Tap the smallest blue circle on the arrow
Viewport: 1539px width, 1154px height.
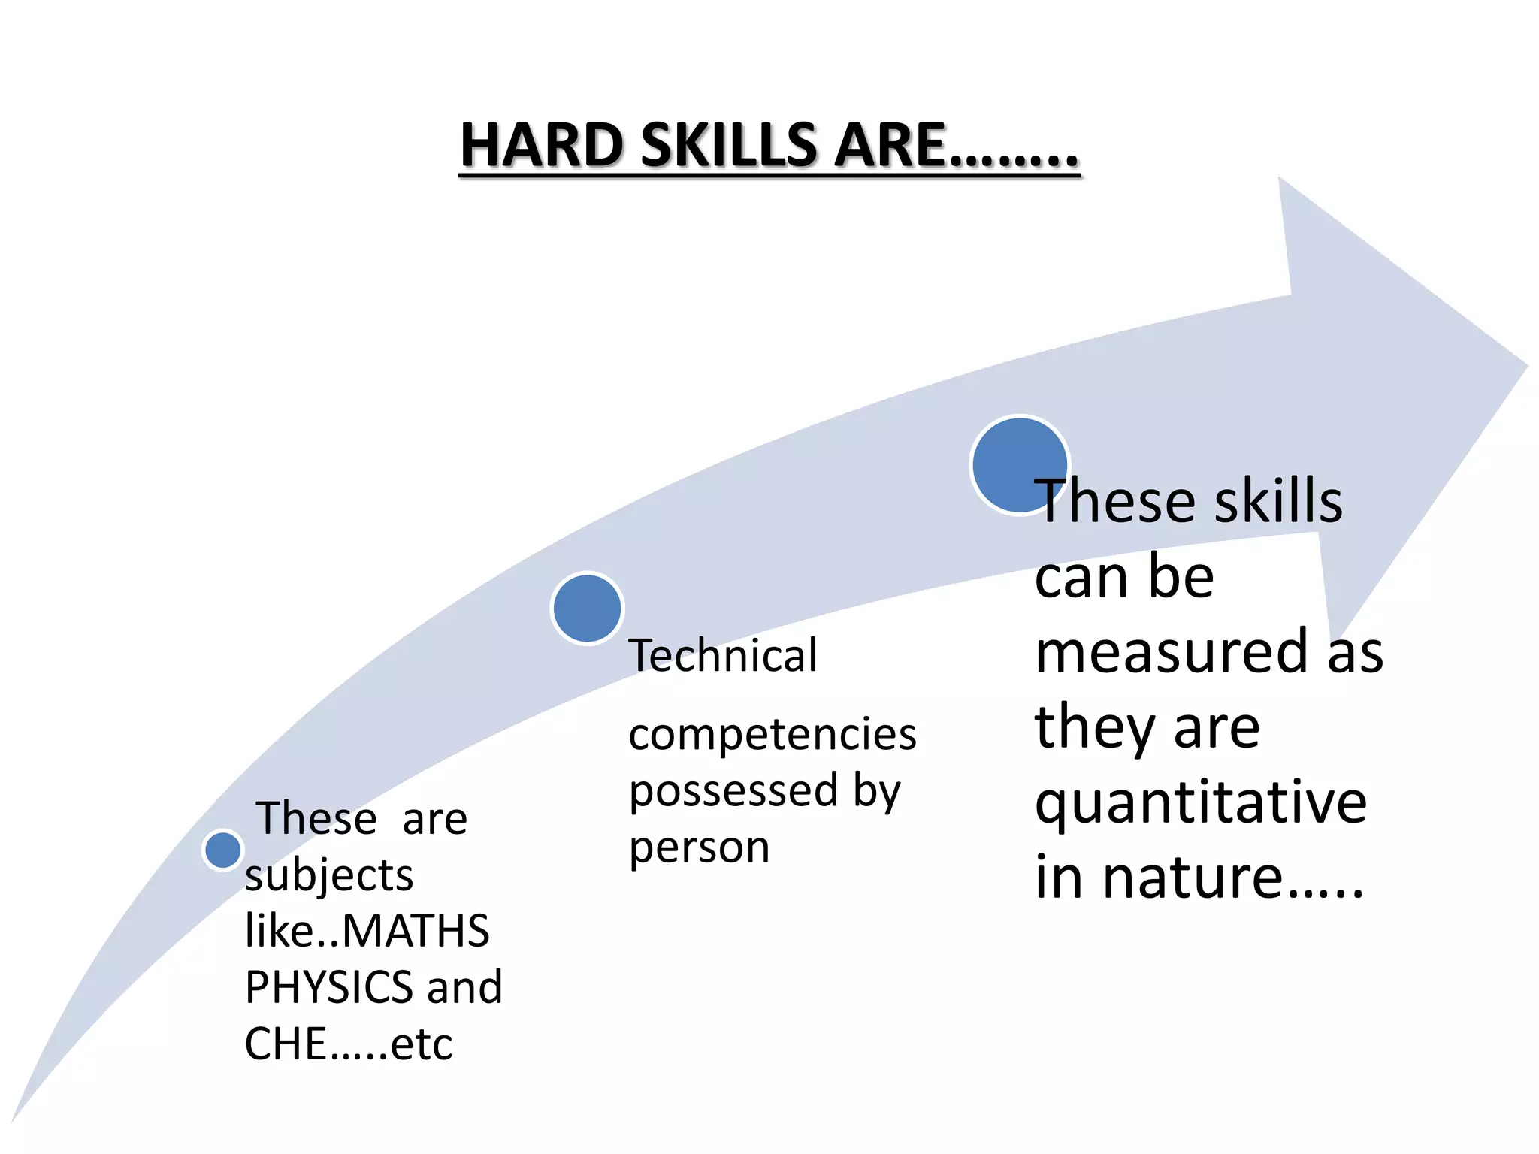tap(222, 850)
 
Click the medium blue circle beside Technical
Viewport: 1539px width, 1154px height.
tap(587, 608)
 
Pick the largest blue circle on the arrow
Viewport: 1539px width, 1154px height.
tap(1019, 465)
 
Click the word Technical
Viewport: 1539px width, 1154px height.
tap(723, 655)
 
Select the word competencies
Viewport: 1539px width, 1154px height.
tap(773, 734)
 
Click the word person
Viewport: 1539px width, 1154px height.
tap(700, 848)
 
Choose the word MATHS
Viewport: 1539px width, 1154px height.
tap(416, 931)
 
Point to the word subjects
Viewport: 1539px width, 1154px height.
tap(329, 876)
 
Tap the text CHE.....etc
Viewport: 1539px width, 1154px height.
tap(349, 1044)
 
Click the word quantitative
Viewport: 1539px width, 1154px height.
tap(1201, 802)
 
